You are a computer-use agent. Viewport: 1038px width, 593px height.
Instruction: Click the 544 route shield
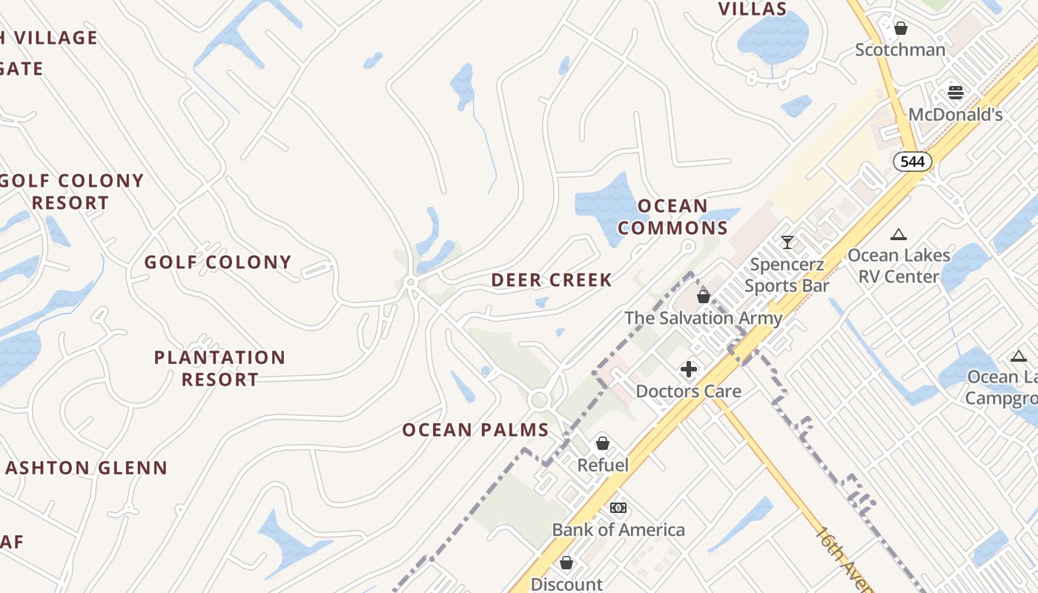click(x=912, y=161)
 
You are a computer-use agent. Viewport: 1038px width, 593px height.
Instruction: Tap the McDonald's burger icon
click(x=955, y=93)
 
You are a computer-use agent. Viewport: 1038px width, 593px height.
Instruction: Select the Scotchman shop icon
click(x=900, y=28)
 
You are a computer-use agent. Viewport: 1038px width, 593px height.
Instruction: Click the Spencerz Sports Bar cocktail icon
click(x=787, y=242)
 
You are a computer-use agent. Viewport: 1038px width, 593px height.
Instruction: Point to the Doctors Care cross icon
click(x=688, y=368)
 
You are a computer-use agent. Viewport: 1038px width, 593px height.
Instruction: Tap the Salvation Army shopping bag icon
click(x=703, y=296)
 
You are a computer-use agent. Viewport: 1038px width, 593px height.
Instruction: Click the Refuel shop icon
click(x=603, y=443)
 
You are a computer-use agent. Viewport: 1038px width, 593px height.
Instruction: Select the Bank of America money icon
click(x=618, y=508)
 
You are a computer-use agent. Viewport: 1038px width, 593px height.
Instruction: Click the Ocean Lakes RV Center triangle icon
click(x=899, y=234)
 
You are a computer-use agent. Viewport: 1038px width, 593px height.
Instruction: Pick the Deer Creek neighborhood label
click(x=552, y=280)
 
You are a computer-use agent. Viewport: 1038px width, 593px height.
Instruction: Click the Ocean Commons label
click(x=673, y=216)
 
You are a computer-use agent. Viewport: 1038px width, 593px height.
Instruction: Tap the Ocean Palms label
click(x=475, y=430)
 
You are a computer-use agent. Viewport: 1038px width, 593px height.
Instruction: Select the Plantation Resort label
click(x=219, y=368)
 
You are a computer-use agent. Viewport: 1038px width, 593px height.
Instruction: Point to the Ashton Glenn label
click(x=86, y=468)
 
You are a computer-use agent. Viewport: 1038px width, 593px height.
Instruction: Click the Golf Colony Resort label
click(x=71, y=191)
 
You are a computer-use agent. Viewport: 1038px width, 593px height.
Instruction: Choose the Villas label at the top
click(x=753, y=9)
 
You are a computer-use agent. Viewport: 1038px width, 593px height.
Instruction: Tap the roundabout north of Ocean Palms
click(x=539, y=400)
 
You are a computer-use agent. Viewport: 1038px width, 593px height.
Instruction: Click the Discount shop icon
click(x=566, y=563)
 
